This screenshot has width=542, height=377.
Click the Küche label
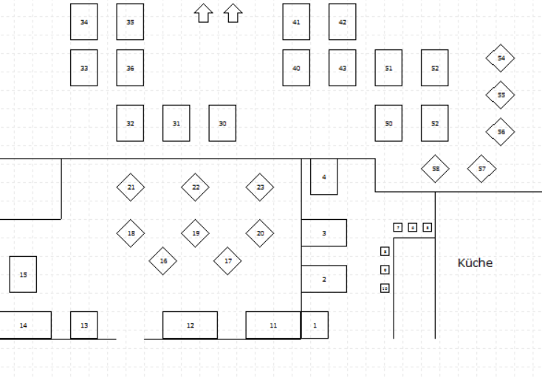pos(475,263)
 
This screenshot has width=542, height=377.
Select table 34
pos(83,22)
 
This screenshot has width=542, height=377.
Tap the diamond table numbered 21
pos(131,187)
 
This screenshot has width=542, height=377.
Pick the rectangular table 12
pos(190,325)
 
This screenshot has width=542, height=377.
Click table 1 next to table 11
pos(315,325)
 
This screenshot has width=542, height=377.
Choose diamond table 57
pos(481,169)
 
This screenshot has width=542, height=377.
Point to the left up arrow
pos(202,13)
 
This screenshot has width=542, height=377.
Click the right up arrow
pos(233,13)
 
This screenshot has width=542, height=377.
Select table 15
pos(23,274)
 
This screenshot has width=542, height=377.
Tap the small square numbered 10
pos(385,288)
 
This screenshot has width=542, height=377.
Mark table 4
pos(323,176)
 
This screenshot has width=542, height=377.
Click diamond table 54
pos(501,58)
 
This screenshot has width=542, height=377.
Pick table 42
pos(342,22)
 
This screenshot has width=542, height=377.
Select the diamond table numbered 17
pos(227,260)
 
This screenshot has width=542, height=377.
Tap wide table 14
pos(24,325)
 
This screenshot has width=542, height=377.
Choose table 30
pos(222,123)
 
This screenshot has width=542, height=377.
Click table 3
pos(323,233)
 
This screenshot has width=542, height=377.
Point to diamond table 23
pos(260,187)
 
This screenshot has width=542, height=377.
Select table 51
pos(388,68)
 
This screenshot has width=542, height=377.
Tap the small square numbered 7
pos(397,227)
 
